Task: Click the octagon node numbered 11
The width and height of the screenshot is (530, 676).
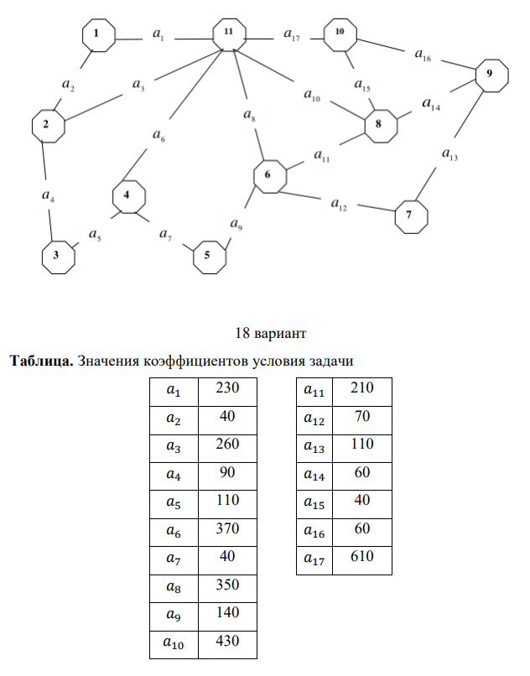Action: pos(228,34)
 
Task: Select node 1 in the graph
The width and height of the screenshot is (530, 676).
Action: pos(98,34)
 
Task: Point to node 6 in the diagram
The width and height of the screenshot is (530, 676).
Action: pos(269,176)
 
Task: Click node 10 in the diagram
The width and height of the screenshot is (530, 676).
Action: pos(340,33)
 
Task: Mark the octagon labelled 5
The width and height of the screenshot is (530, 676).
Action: pos(208,256)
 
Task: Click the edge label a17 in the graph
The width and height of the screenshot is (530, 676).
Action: pos(293,36)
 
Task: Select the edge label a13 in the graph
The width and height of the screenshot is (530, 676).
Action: pos(450,154)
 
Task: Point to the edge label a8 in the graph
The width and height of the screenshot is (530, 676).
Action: pos(250,115)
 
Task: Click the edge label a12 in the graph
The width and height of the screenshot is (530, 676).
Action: pos(340,204)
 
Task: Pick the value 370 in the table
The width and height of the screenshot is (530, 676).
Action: pos(228,528)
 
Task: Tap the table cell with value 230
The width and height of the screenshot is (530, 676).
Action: pos(228,388)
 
